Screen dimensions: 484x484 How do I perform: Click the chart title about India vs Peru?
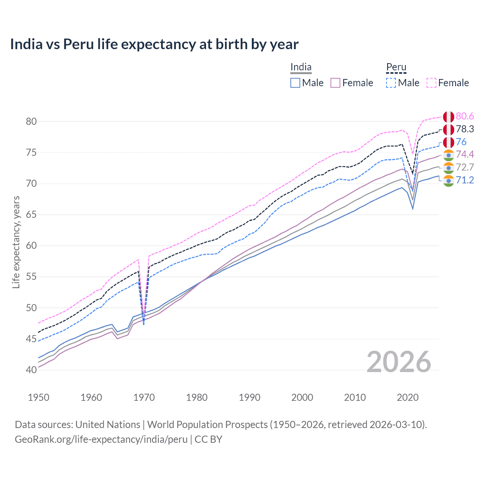154,44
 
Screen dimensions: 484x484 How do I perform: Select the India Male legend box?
295,83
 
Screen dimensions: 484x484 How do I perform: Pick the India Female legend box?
335,83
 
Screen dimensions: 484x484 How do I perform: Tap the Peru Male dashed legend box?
391,83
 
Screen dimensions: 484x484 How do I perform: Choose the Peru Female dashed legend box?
431,83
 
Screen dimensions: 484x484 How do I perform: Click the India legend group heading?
301,67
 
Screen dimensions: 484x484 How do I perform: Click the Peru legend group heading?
396,67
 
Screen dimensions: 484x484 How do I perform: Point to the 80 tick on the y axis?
31,121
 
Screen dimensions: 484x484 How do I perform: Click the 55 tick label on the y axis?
31,277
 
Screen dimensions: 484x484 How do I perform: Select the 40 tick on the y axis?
31,370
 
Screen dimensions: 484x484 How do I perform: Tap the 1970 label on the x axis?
144,397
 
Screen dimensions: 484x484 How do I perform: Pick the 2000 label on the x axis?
302,397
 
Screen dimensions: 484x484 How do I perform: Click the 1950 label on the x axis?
39,397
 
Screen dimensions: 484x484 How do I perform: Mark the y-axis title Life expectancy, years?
16,242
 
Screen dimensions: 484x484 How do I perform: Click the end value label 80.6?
465,116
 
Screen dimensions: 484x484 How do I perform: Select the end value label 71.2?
465,180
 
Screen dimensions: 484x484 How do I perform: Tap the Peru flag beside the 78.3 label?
448,129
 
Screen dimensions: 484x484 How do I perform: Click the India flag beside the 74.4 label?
448,155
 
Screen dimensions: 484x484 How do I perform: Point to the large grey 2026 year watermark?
399,362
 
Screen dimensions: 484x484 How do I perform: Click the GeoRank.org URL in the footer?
101,439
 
